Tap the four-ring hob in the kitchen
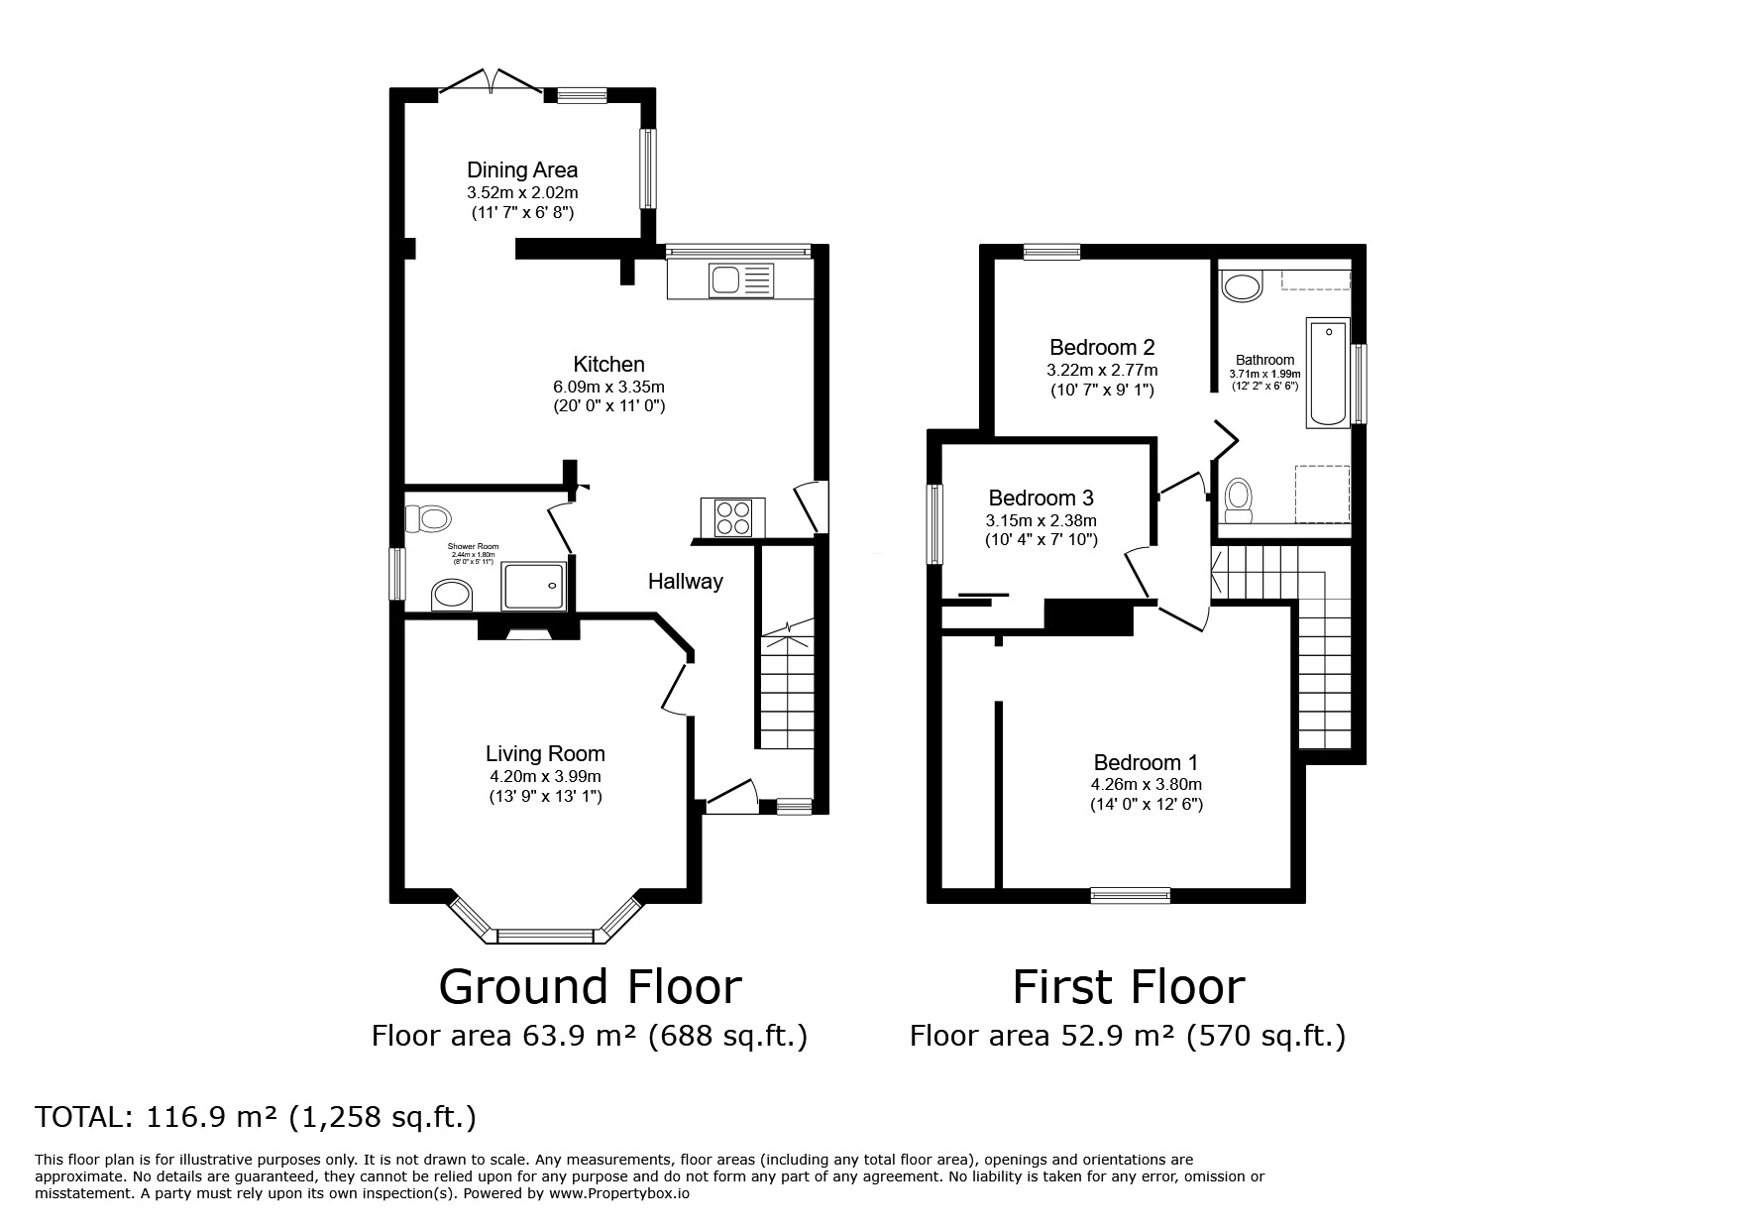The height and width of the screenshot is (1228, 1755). coord(732,517)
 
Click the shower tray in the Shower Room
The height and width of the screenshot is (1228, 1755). coord(535,586)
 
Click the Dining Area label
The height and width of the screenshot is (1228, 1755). coord(522,170)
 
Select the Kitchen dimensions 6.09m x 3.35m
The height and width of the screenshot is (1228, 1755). coord(608,387)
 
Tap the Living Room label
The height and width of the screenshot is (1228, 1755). coord(545,754)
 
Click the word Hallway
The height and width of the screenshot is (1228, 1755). coord(686,582)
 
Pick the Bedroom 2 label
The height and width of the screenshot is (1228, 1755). coord(1102,348)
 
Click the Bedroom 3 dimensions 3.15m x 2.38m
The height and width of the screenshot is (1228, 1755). coord(1042,520)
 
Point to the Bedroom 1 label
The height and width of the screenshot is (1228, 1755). coord(1146,763)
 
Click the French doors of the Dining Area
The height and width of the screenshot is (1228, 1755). coord(491,81)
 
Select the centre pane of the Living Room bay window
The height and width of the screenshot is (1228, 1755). coord(546,935)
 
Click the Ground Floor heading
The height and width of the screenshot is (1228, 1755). coord(590,987)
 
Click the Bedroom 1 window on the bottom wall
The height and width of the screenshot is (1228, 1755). coord(1130,896)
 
